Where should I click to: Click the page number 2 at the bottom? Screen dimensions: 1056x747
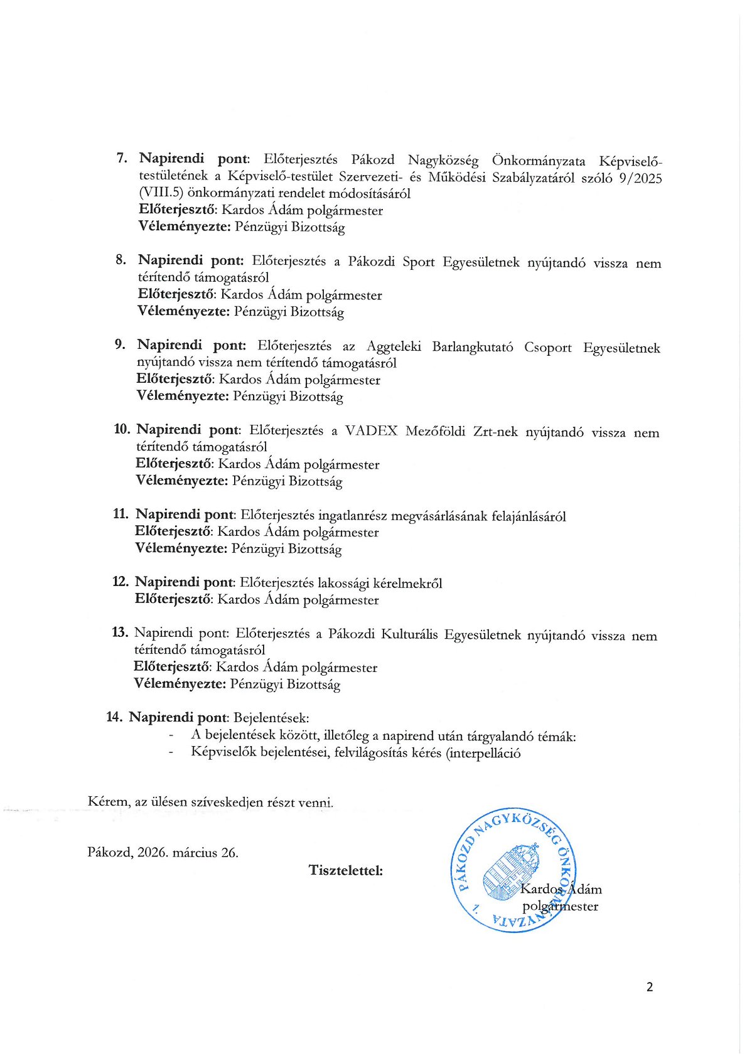[649, 987]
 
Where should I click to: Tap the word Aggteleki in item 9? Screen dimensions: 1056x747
[394, 347]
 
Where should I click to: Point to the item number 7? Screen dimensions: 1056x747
[122, 157]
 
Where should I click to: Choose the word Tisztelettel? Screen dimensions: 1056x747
[345, 870]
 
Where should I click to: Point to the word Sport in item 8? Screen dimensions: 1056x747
[418, 262]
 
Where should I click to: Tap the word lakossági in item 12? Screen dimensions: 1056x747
[343, 584]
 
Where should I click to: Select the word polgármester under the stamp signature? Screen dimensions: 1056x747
[560, 906]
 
